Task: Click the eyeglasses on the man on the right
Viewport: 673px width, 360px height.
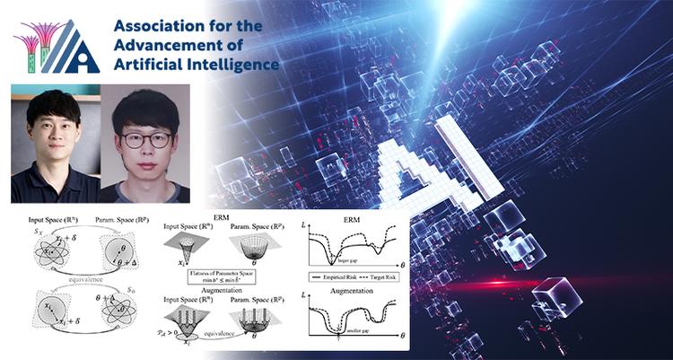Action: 146,139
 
